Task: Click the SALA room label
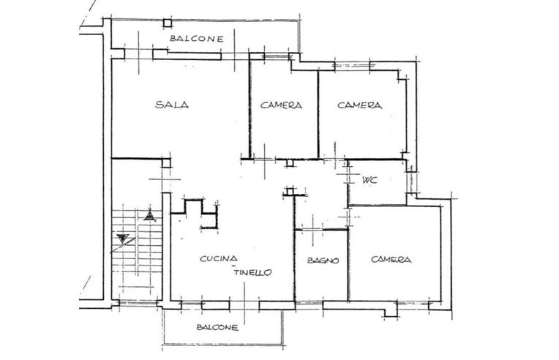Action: point(172,105)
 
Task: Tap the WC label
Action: point(369,180)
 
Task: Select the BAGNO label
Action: point(323,260)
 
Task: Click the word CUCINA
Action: point(219,258)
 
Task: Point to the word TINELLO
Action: point(252,272)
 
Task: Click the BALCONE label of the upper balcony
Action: point(196,39)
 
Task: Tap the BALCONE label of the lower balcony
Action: point(217,327)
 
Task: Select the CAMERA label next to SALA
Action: point(281,105)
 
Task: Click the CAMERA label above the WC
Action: point(359,105)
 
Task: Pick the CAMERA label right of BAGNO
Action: point(391,260)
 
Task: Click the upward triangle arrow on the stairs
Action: point(150,215)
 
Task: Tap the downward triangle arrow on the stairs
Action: point(123,238)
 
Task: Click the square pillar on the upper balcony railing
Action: point(168,23)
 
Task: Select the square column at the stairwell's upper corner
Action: point(166,162)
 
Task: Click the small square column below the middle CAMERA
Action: point(290,163)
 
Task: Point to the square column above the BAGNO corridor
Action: point(290,192)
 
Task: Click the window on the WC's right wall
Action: point(411,182)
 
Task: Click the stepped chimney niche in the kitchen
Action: point(200,214)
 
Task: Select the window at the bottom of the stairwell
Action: point(138,304)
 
